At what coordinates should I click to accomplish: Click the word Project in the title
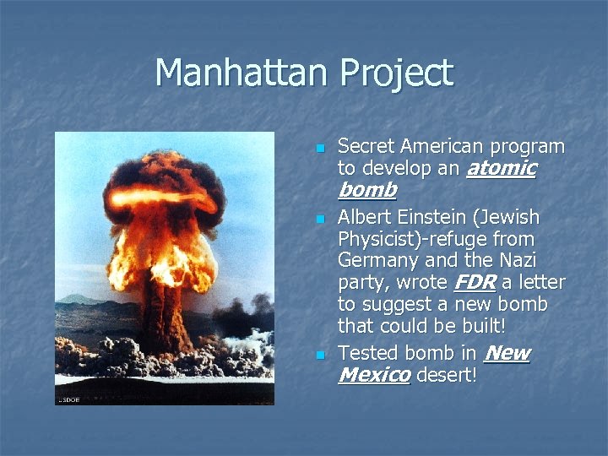(x=397, y=74)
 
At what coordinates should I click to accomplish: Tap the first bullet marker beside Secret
(x=320, y=149)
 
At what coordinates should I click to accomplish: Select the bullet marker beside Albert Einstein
(x=320, y=220)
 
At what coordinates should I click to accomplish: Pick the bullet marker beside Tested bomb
(x=320, y=356)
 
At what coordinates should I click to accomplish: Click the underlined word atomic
(x=502, y=168)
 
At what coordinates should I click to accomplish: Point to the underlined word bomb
(x=366, y=190)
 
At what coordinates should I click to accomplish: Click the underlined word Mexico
(x=373, y=374)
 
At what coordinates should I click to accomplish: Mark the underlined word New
(x=508, y=353)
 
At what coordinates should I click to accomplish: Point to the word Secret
(x=366, y=146)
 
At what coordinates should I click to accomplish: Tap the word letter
(x=540, y=282)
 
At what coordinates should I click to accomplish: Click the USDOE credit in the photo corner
(x=70, y=399)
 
